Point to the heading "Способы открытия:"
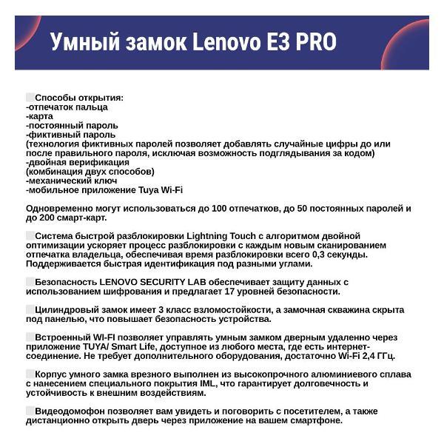(79, 98)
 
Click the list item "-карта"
(41, 116)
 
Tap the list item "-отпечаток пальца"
(67, 107)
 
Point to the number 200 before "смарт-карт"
(52, 218)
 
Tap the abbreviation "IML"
(221, 384)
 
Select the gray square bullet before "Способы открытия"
(30, 97)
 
